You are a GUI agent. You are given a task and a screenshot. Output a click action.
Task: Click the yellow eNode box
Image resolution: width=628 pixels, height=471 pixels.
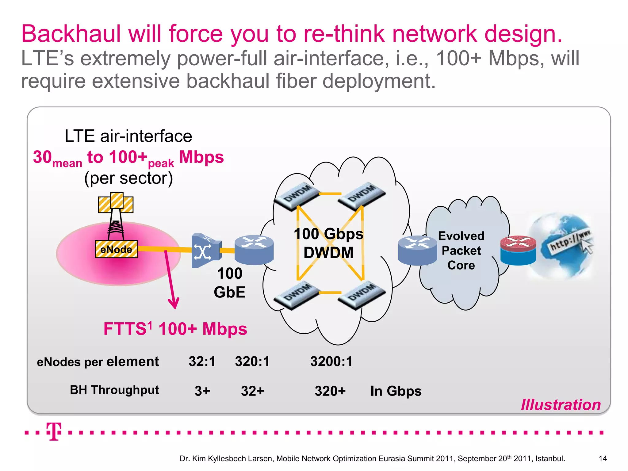(x=116, y=249)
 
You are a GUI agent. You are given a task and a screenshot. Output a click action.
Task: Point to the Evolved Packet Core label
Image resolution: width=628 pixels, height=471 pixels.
(x=461, y=251)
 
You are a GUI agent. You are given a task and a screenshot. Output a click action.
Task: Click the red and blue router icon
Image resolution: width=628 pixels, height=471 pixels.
(x=518, y=250)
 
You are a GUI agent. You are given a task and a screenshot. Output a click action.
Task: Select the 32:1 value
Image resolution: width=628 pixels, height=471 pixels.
(x=202, y=361)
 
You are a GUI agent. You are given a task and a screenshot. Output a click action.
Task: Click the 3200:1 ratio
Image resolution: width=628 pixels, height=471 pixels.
(x=331, y=361)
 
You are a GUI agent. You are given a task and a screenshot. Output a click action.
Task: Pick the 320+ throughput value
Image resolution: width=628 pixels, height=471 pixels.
(x=330, y=391)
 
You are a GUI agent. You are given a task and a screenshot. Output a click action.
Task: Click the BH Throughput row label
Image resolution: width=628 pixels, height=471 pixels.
(x=114, y=390)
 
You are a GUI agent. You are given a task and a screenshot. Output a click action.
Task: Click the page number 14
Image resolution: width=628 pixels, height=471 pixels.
(x=603, y=458)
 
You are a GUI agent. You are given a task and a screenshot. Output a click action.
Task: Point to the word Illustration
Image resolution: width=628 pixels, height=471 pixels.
(x=561, y=405)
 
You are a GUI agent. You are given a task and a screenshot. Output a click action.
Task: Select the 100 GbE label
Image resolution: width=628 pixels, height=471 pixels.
(x=229, y=283)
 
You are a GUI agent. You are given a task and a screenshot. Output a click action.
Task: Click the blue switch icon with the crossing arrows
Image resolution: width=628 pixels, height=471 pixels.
(x=205, y=251)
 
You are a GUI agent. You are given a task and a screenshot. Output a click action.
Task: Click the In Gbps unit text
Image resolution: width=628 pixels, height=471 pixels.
(x=396, y=391)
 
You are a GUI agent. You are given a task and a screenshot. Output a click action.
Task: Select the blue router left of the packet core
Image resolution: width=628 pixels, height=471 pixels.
(x=417, y=250)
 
